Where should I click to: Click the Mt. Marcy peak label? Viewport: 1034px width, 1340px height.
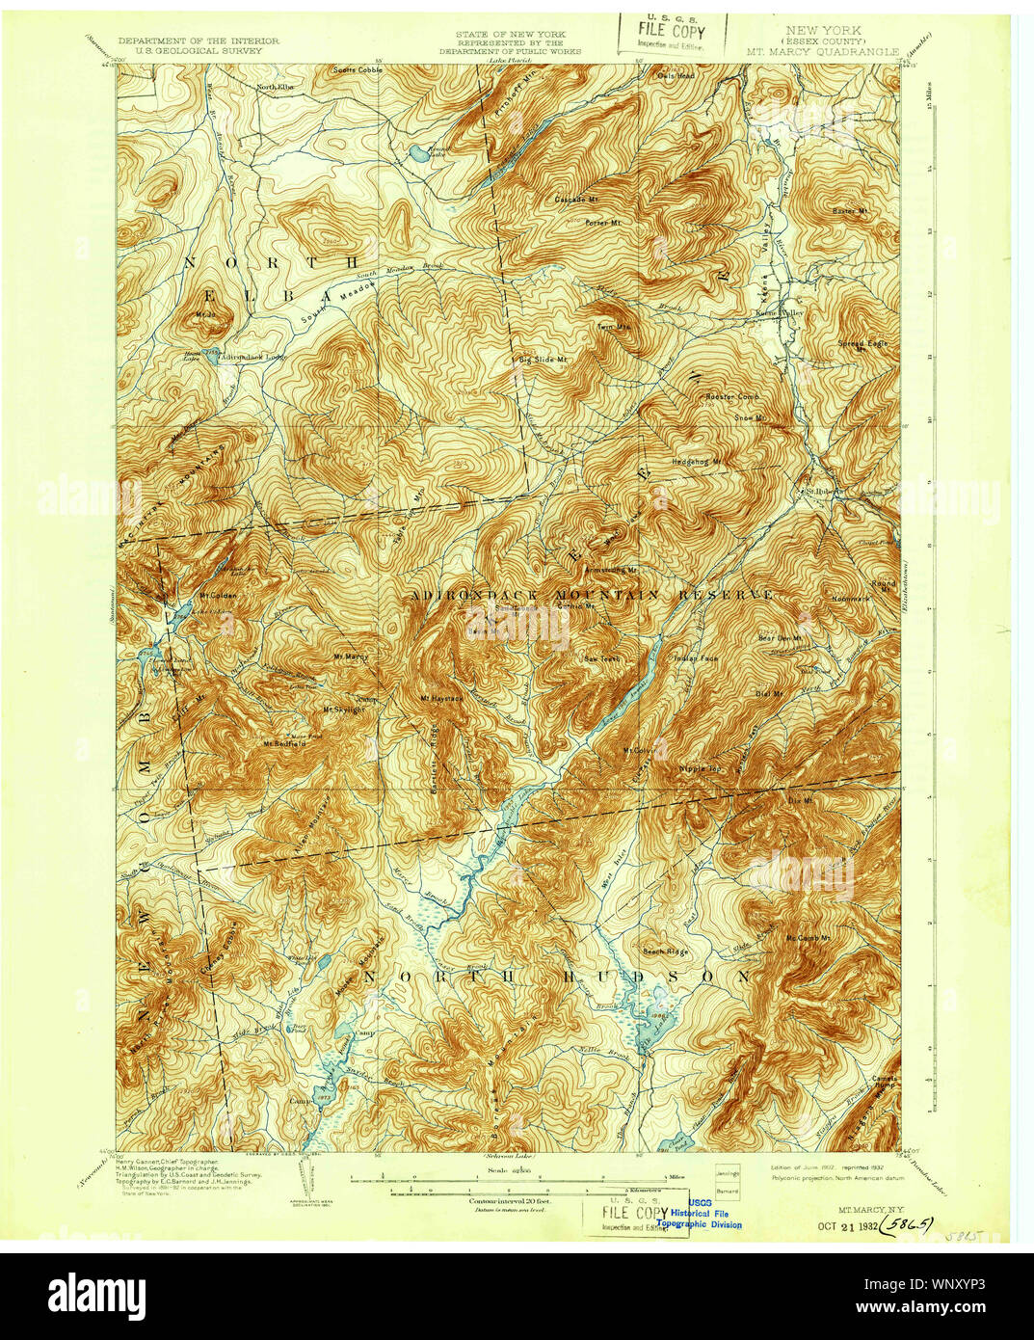pos(352,657)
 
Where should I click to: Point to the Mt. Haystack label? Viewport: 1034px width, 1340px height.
pos(441,698)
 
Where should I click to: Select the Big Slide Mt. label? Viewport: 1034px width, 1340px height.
pos(542,359)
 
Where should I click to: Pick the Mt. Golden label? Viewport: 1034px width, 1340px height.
pos(219,595)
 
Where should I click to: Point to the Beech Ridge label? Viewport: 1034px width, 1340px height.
pos(666,951)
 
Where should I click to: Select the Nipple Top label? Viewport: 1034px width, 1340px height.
pos(701,769)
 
